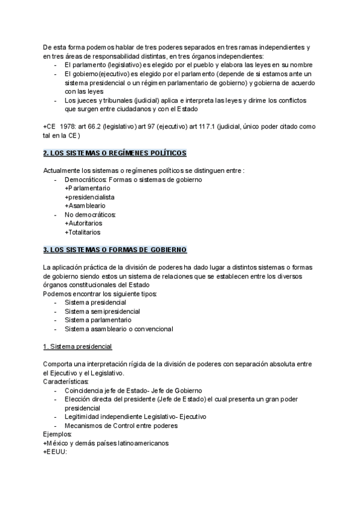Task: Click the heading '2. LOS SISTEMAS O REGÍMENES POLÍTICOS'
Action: point(115,154)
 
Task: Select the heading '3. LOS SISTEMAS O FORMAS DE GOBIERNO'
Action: point(115,249)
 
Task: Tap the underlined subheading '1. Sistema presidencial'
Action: point(77,347)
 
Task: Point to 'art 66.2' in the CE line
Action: point(98,127)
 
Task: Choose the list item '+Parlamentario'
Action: point(87,188)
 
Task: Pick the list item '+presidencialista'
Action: point(89,197)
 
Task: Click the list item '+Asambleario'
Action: point(85,205)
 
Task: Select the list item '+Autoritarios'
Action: point(83,223)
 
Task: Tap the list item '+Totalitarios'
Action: point(83,232)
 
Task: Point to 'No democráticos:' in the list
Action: point(90,214)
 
